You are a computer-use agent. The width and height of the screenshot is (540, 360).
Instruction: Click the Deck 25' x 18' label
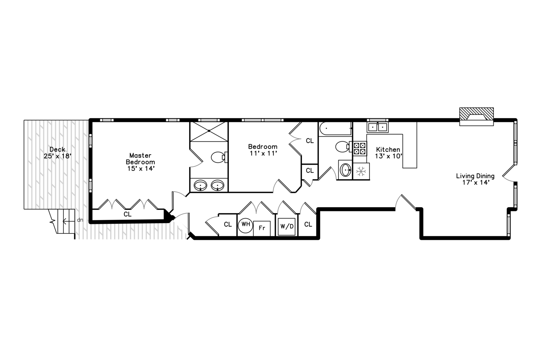tap(57, 153)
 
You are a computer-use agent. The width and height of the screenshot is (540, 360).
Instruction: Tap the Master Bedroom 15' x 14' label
tap(140, 162)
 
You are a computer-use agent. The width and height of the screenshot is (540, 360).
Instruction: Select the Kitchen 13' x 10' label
tap(388, 153)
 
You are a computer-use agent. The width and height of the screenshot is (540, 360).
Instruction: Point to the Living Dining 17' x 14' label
tap(475, 179)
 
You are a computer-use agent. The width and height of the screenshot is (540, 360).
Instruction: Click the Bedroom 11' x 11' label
tap(263, 150)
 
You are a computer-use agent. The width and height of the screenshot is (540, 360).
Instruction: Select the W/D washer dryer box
tap(287, 227)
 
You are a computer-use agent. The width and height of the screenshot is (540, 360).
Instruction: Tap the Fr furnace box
tap(262, 228)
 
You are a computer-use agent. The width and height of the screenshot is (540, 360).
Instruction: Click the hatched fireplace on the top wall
tap(476, 116)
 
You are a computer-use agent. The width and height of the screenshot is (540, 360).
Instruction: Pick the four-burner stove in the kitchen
tap(360, 149)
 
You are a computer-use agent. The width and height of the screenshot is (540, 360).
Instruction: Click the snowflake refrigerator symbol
tap(361, 171)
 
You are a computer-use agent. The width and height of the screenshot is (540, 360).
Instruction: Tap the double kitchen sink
tap(378, 127)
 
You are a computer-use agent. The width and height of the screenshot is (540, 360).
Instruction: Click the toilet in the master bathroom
tap(219, 157)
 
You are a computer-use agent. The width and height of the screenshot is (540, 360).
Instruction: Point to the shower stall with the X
tap(209, 132)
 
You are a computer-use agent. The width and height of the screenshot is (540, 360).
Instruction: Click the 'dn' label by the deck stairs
tap(80, 220)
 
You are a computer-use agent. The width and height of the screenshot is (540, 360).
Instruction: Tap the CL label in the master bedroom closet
tap(128, 214)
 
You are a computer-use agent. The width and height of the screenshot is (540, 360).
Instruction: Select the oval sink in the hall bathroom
tap(345, 170)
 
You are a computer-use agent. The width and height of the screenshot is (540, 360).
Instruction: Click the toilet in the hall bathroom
tap(343, 147)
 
